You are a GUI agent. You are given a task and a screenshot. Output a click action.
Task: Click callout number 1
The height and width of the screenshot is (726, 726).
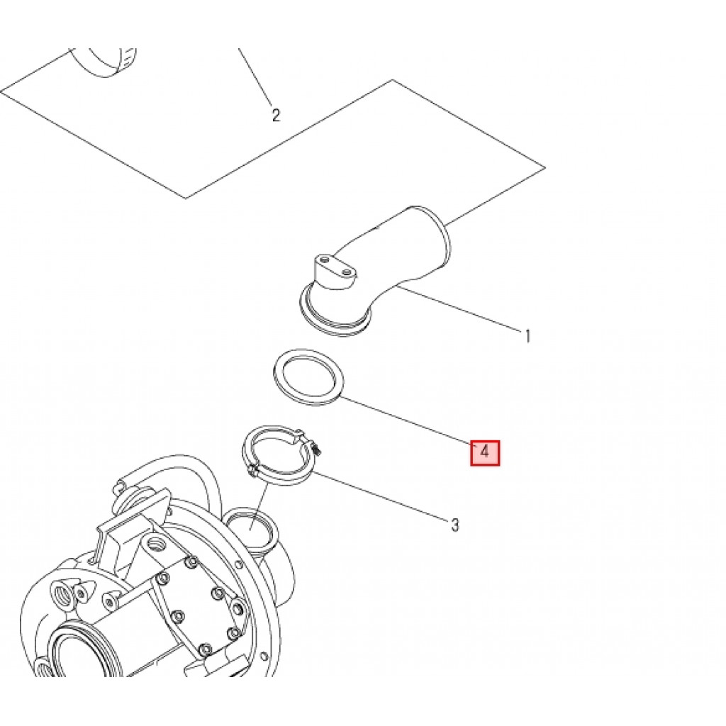pos(527,335)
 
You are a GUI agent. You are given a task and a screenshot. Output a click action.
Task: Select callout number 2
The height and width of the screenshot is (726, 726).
pos(276,115)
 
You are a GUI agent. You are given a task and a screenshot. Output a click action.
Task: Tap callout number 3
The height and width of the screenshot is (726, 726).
pos(455,525)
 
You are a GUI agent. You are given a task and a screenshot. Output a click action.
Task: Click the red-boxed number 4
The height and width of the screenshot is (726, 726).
pos(486,452)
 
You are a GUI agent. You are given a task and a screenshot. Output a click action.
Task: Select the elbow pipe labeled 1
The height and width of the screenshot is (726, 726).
pos(397,255)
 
